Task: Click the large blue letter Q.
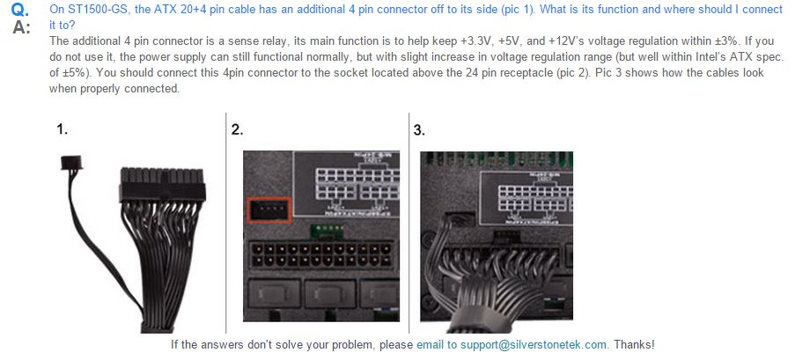click(21, 11)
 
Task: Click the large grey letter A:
click(21, 27)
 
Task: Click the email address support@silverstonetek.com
click(534, 345)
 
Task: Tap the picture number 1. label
click(62, 129)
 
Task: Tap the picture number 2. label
click(238, 129)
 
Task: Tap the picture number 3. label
click(419, 129)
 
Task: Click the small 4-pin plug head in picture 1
click(71, 162)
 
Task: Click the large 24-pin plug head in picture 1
click(162, 185)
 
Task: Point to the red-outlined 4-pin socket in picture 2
click(269, 209)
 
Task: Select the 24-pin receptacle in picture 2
click(321, 255)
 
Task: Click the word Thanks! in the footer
click(634, 345)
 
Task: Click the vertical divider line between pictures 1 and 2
click(225, 222)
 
